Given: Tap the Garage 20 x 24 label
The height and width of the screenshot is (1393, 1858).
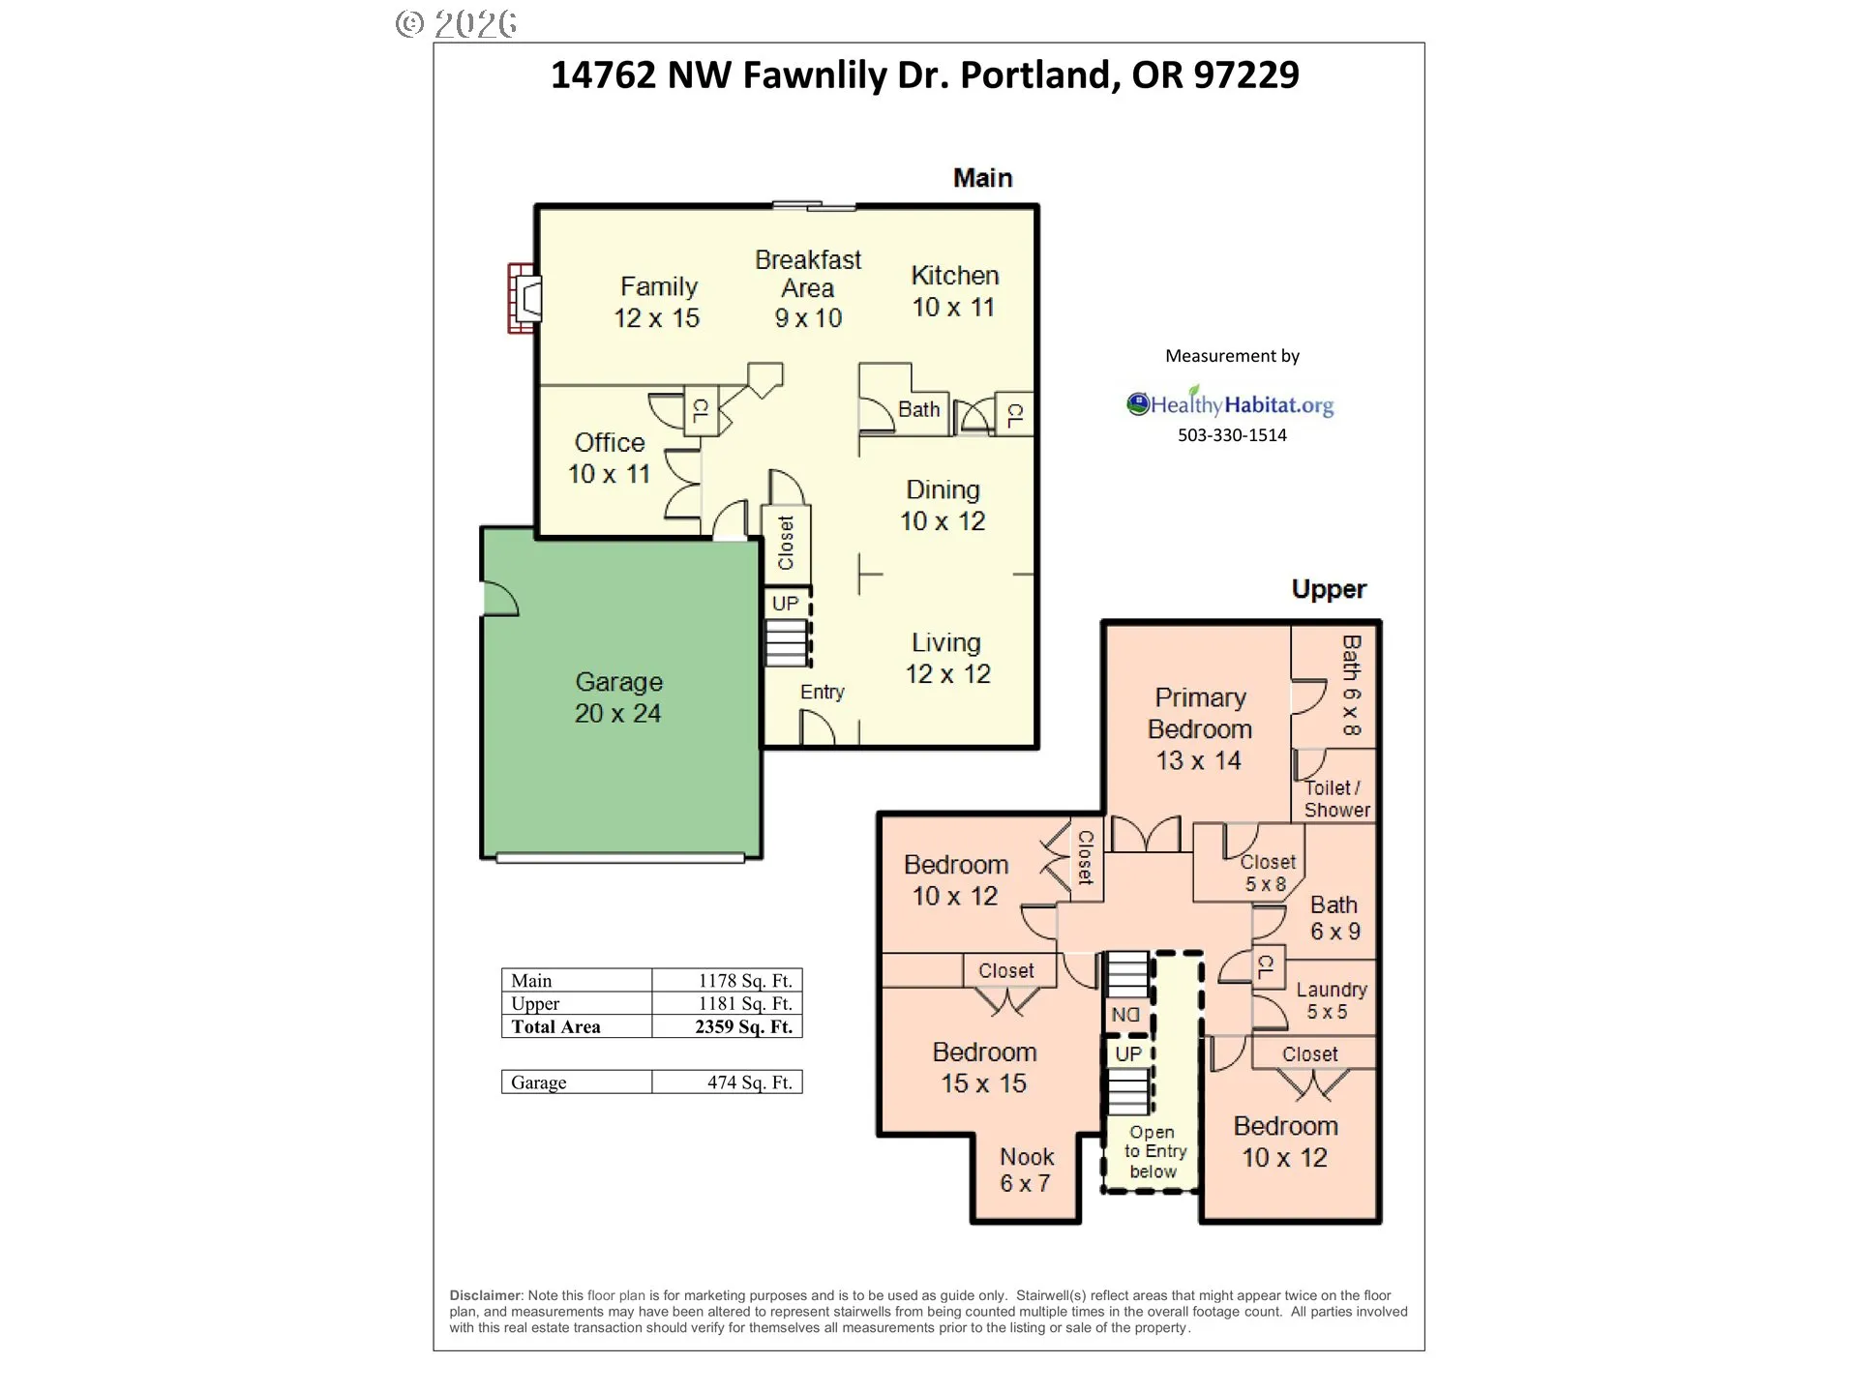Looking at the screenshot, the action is click(618, 697).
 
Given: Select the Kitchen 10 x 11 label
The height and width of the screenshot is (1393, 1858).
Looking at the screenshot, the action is click(954, 291).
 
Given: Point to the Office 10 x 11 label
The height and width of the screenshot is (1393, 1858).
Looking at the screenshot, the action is click(609, 458).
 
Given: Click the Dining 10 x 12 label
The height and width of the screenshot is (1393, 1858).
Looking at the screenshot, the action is click(943, 505).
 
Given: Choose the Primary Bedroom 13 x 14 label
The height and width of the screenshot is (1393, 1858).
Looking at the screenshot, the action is click(1200, 728).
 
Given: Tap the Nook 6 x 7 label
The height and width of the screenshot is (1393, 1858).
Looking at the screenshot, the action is click(1026, 1170).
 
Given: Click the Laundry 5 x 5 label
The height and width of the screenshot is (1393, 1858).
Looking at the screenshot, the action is click(1331, 1000).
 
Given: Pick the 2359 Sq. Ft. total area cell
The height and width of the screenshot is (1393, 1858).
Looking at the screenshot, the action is click(743, 1027).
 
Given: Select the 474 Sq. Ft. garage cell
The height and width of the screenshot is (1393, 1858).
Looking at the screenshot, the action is click(749, 1082).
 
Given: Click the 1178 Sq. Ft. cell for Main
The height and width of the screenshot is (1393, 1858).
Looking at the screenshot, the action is click(745, 981).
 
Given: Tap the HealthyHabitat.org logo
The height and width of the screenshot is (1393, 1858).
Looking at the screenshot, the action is click(1230, 403).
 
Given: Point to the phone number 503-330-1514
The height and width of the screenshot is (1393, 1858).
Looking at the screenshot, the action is click(1232, 435).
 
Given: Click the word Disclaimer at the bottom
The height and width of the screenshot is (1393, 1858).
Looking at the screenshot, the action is click(486, 1295).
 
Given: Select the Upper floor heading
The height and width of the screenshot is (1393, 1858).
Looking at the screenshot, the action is click(1329, 589).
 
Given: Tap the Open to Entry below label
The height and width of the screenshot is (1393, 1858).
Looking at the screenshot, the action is click(1154, 1151).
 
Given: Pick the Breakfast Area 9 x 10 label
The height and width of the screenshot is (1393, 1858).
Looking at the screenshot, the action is click(808, 288).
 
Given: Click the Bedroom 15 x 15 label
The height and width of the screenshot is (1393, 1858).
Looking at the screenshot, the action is click(984, 1068).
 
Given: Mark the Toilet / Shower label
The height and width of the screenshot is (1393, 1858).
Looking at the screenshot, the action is click(1335, 799).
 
